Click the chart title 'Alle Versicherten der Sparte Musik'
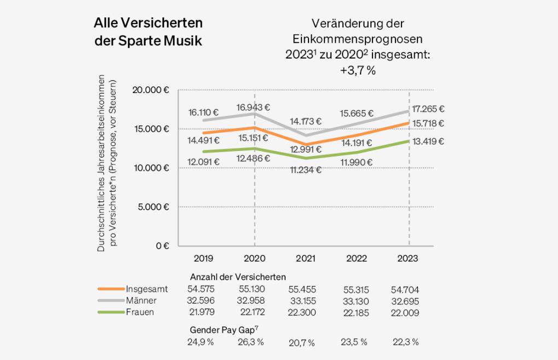148,32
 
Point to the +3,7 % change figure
357,71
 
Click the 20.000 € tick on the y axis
152,90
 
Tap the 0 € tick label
162,246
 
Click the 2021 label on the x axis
305,259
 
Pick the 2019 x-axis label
203,259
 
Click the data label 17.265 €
429,109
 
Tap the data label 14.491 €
203,140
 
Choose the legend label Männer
141,300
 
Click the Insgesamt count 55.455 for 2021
302,289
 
